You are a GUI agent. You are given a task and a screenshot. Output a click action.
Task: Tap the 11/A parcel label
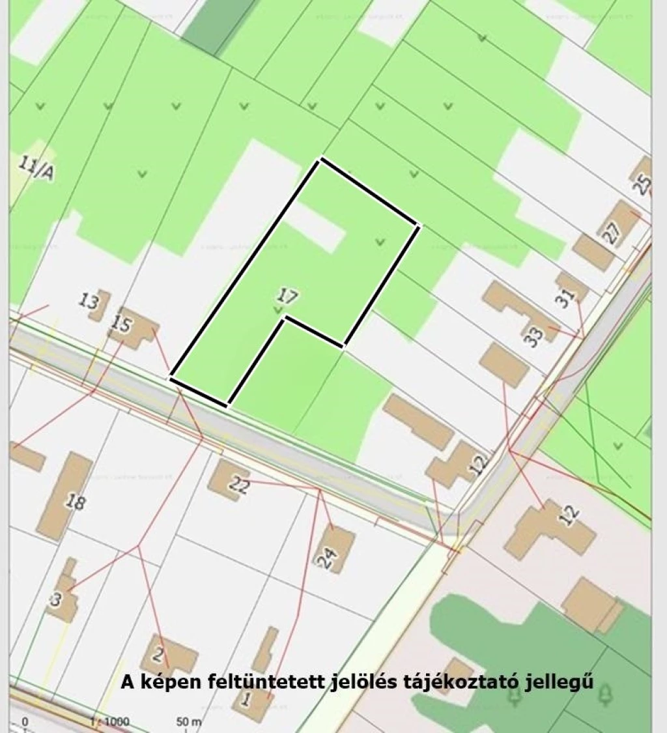(x=35, y=168)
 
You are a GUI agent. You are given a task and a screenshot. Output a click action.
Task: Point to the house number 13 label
(x=89, y=302)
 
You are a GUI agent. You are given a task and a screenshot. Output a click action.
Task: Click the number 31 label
(x=567, y=297)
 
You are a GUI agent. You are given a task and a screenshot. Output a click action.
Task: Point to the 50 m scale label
(x=189, y=722)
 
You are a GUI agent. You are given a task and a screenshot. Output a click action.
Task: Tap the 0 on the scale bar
(x=25, y=722)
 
